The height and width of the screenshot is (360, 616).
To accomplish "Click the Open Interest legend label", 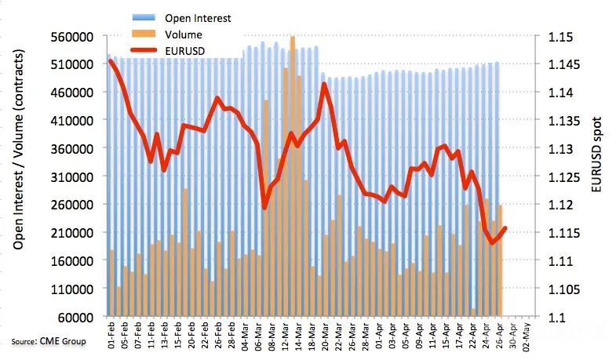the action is (198, 19).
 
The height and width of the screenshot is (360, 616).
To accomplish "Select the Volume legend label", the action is (184, 35).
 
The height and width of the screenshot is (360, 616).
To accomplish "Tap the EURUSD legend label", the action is (185, 51).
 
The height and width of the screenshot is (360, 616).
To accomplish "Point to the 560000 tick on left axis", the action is (72, 37).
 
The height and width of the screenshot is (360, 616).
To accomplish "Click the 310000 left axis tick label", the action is (72, 176).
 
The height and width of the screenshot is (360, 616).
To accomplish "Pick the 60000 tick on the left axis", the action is (76, 317).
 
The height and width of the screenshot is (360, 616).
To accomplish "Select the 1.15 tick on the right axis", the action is (560, 37).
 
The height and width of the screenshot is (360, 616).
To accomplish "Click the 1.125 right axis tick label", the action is (563, 177).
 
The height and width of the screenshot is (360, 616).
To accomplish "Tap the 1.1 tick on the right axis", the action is (557, 317).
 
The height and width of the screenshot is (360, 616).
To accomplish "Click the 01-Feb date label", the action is (111, 335).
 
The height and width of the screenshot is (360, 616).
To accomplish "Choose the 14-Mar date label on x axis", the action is (298, 335).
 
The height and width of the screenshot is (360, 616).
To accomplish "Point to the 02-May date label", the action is (526, 336).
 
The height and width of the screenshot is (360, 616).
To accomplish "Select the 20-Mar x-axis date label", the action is (326, 335).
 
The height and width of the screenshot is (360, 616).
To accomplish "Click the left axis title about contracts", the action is (19, 149).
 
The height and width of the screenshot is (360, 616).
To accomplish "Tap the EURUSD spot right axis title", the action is (596, 155).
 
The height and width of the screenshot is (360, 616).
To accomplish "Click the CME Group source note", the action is (49, 341).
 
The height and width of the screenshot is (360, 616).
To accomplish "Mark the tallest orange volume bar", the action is (293, 176).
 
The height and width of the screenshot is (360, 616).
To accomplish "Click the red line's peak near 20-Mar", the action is (324, 83).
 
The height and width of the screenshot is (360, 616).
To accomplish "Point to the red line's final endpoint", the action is (505, 227).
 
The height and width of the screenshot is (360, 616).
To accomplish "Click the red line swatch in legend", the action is (144, 50).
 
